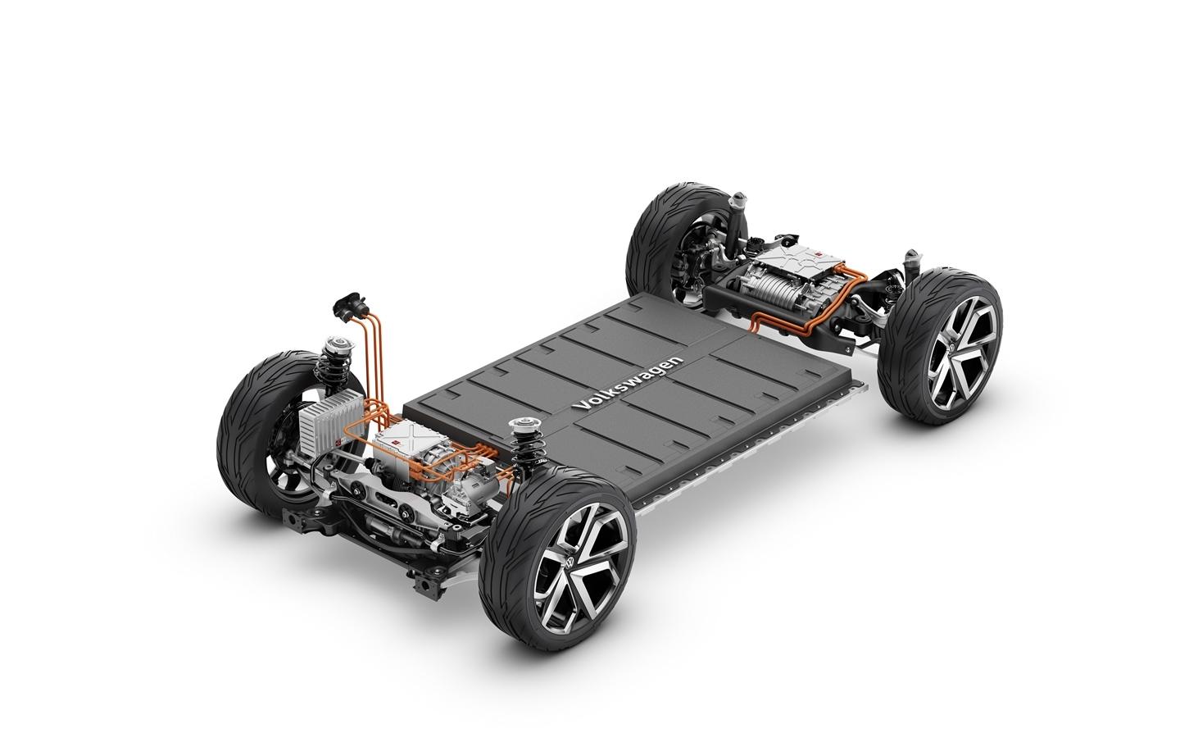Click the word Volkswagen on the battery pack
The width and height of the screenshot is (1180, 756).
(x=631, y=383)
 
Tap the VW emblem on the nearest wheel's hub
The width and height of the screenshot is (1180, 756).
(x=570, y=563)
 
